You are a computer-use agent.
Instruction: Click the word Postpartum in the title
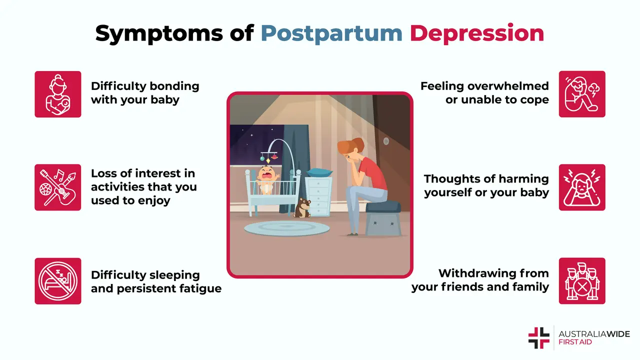331,33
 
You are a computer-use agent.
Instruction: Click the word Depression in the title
476,33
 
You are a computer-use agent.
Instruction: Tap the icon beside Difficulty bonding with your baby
57,94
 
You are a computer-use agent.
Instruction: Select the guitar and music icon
57,187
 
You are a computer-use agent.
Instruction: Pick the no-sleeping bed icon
57,281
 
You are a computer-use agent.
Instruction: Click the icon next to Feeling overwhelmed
582,94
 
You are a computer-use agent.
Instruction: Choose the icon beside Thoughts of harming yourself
582,187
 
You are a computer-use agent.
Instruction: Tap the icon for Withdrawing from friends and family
582,281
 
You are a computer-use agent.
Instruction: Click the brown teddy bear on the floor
302,208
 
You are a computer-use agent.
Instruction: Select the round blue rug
286,228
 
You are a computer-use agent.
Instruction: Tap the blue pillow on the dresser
319,173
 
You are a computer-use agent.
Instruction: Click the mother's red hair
350,148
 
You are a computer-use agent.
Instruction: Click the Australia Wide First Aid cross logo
538,338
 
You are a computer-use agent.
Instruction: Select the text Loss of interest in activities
143,187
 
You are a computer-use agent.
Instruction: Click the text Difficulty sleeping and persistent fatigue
155,281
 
